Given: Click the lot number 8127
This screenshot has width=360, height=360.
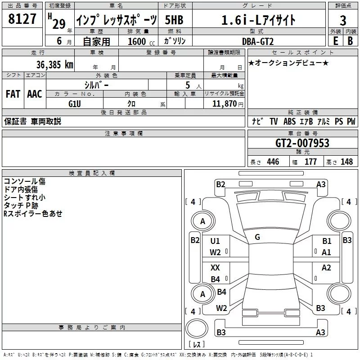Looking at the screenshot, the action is [x=22, y=19].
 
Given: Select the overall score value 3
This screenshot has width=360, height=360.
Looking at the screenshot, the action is [x=343, y=20].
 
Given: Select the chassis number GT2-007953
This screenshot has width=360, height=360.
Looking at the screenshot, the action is [x=302, y=143].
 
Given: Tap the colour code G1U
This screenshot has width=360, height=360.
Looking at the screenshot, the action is [x=75, y=103].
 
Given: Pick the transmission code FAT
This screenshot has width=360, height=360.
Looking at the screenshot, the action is [x=13, y=94].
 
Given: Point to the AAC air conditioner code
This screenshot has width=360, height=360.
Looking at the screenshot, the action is [x=35, y=94].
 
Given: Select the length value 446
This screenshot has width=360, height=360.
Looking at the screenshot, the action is [x=273, y=162].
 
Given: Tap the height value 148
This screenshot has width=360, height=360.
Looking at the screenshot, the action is [x=346, y=162].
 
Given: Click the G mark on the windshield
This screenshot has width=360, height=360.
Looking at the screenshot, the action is [x=257, y=237].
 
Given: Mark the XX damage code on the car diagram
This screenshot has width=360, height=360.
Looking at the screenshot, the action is [x=216, y=267].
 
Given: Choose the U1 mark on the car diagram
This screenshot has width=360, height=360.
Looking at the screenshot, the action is [x=215, y=241].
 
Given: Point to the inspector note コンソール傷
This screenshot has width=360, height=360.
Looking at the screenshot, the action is [x=24, y=181].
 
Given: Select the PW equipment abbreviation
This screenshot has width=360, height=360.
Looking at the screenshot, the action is [x=351, y=121].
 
